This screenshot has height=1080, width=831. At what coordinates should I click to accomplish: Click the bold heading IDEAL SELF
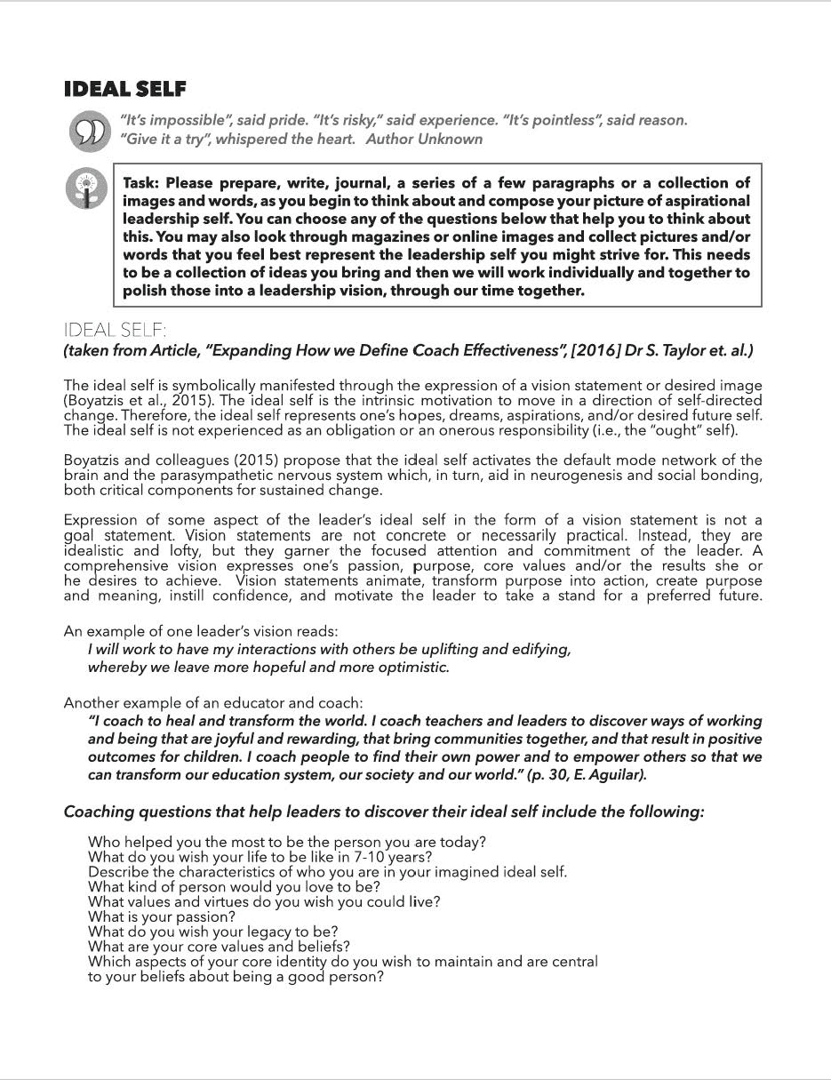(125, 89)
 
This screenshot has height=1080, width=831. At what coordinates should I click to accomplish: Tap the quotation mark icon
(86, 130)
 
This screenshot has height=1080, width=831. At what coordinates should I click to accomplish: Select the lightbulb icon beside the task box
(86, 189)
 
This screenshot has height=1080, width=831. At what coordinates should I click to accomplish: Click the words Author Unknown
(424, 139)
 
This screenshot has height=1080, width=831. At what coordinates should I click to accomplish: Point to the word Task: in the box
(142, 183)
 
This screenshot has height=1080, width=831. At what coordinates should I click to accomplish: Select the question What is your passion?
(162, 916)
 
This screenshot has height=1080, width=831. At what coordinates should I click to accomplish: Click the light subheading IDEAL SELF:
(115, 331)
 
